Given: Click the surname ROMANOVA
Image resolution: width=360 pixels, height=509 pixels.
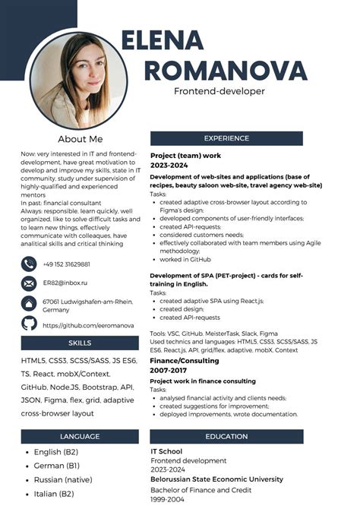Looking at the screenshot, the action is (225, 71).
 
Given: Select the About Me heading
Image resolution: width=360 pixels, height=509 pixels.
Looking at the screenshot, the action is (80, 139).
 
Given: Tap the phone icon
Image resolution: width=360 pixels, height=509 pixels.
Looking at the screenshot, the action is (29, 264).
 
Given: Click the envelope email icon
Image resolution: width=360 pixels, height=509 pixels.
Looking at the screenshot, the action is (29, 283).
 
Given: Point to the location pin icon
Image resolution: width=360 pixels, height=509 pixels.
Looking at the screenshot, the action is (29, 303).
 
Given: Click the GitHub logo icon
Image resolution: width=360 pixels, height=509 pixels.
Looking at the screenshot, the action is (29, 324).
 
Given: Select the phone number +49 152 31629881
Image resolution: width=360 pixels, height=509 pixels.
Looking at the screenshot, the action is (67, 264).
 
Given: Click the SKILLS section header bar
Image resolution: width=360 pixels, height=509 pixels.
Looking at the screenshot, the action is (79, 343).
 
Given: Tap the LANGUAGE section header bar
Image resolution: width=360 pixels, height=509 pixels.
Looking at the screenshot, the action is (79, 437).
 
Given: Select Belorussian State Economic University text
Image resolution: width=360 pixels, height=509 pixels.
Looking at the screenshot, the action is (216, 479).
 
